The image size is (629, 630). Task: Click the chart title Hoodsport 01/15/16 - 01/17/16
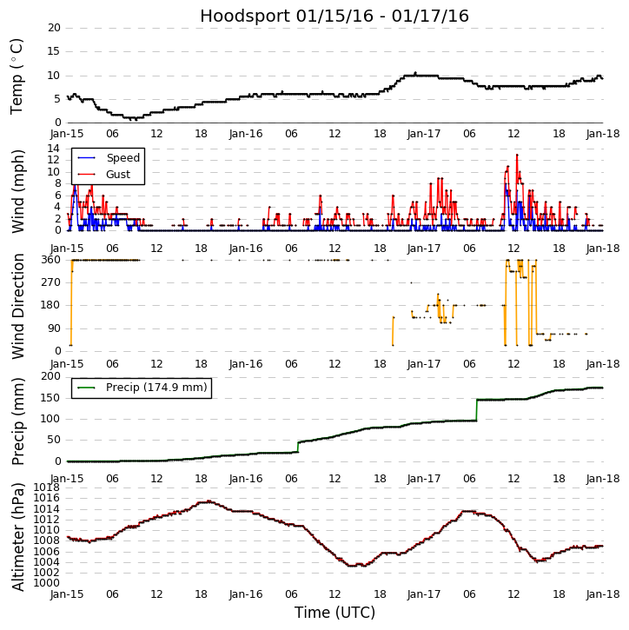click(x=334, y=16)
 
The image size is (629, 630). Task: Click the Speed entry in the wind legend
click(x=122, y=158)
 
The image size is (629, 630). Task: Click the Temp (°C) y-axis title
click(x=17, y=76)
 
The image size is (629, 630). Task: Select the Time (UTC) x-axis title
click(x=334, y=613)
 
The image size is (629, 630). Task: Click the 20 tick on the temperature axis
click(x=54, y=28)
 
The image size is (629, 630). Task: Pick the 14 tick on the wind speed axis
click(x=54, y=149)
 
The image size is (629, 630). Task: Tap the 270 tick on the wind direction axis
click(x=50, y=282)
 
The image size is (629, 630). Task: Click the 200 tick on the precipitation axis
click(x=50, y=376)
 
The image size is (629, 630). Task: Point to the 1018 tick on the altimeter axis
click(x=47, y=487)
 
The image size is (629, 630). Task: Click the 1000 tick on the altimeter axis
click(x=47, y=582)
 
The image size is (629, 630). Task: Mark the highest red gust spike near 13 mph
click(x=516, y=155)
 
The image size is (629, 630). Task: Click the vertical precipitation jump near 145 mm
click(x=477, y=410)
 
